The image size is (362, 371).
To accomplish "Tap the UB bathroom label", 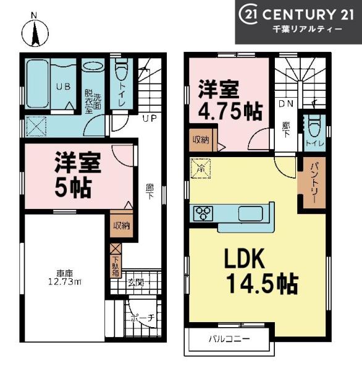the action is coord(63,87).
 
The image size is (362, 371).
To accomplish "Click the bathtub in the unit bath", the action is coord(37,83).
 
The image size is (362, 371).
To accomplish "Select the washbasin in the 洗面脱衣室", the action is coord(94,66).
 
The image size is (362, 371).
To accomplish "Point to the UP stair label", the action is coord(149,118).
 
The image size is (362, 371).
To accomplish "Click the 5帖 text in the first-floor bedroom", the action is coord(73,188).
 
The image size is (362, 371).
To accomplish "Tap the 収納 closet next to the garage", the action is coord(122,226).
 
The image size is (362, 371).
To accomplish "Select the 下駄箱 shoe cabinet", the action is coord(116,267).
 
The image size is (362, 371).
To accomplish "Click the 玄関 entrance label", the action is coord(136,283).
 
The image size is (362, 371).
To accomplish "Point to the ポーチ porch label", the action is coord(143,318).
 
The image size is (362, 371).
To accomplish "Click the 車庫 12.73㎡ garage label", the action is coord(65,278).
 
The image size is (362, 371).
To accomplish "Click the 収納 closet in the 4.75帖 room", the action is coord(201,140).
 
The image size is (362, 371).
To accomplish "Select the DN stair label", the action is coord(286,104).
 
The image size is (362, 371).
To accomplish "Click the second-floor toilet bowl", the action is coord(314,126).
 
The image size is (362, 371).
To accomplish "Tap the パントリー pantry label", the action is coord(314,182).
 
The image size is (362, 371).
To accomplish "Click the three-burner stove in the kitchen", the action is coord(203,213).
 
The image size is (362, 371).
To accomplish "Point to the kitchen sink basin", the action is coord(250,213).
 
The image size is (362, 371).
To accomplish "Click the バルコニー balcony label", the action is coord(229,339).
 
